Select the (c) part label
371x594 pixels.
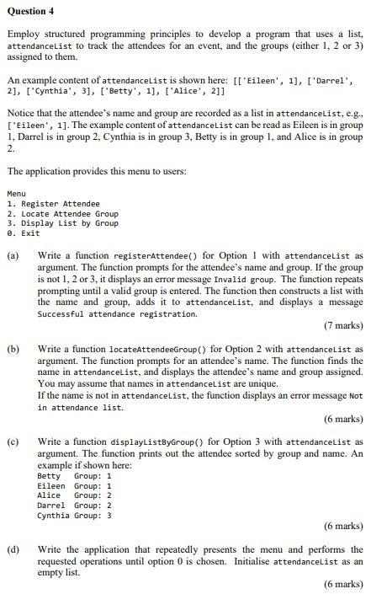[x=13, y=441]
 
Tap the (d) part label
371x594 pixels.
[x=13, y=549]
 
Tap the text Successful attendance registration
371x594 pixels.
[x=117, y=313]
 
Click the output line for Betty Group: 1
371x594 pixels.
[x=74, y=477]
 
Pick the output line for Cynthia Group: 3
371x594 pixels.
[x=74, y=516]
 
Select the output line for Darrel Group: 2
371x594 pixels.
[x=74, y=506]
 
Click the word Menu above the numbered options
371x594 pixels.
[x=16, y=194]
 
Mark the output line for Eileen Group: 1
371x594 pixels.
[x=74, y=486]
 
